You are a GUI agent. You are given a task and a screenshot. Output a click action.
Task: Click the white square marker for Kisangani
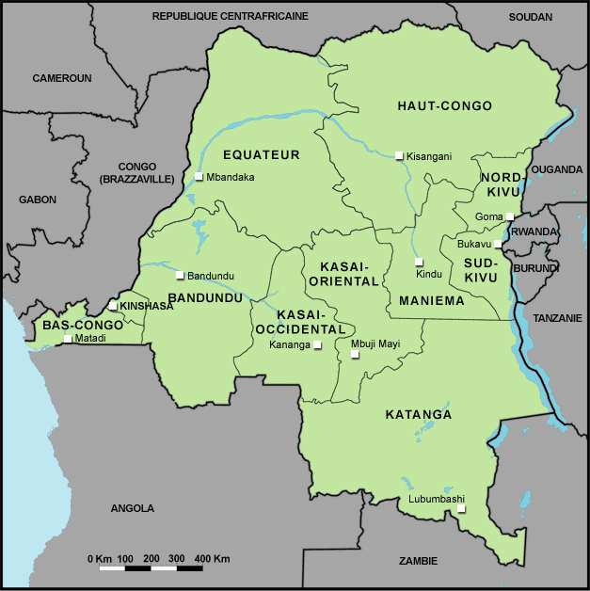399,155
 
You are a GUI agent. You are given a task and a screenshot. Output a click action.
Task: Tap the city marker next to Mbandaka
199,177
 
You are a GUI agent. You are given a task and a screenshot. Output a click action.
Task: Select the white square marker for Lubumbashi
460,509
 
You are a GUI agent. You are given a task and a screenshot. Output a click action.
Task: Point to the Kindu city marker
419,262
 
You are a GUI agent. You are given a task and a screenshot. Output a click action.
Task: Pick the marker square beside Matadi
67,338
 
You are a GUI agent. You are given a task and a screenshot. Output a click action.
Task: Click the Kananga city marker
317,345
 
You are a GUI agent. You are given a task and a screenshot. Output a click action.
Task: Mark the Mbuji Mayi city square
355,355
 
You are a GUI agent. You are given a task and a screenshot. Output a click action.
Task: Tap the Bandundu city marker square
180,275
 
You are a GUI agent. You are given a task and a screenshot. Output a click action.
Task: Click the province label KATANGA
419,414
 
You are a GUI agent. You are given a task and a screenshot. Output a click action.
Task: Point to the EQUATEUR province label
261,154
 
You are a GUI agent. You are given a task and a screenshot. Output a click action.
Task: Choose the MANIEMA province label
432,301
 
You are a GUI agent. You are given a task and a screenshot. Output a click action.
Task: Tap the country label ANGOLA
132,508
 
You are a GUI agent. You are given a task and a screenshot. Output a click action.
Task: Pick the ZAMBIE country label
418,561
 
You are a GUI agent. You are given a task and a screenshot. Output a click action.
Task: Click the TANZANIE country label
558,318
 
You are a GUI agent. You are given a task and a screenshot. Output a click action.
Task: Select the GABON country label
38,200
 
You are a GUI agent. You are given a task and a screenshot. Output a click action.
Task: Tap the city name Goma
489,216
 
